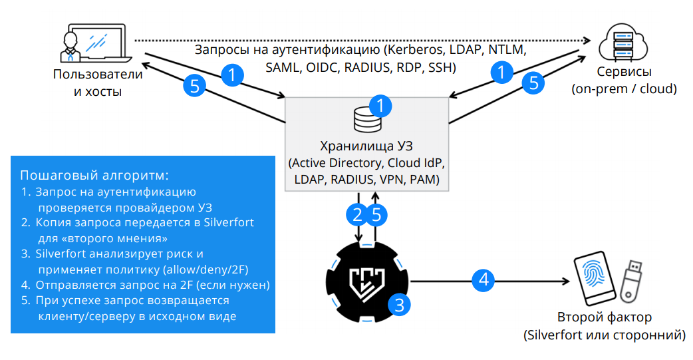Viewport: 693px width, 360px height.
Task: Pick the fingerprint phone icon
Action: (593, 279)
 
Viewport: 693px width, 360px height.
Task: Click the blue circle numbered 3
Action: (399, 305)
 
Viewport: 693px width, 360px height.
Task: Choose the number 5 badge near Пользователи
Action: (194, 85)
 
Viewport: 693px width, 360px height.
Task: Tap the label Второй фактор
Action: (605, 317)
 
